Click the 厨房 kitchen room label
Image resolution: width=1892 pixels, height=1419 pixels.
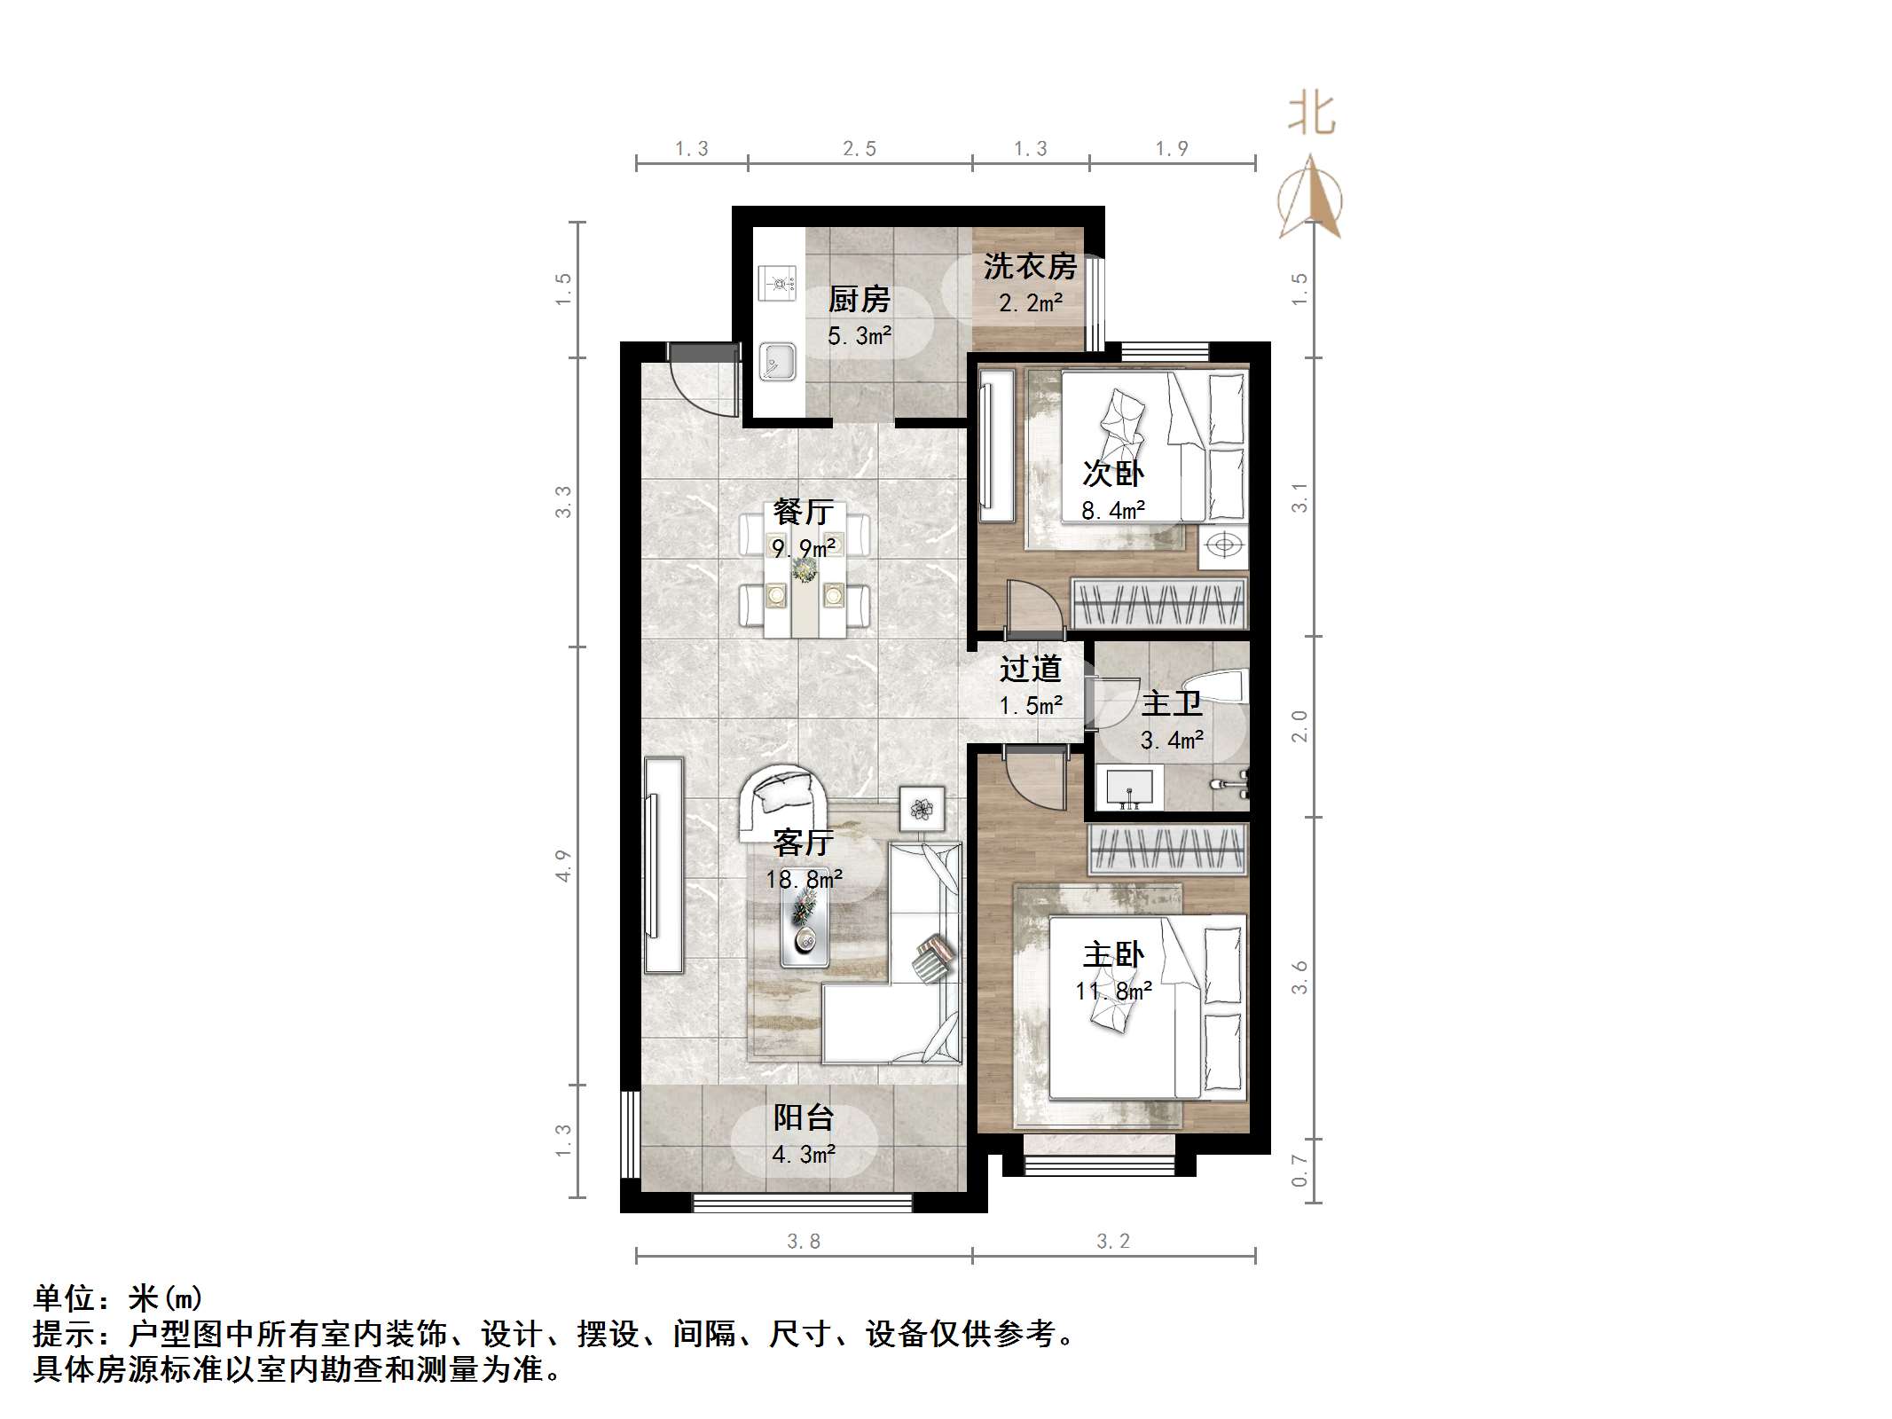(x=858, y=300)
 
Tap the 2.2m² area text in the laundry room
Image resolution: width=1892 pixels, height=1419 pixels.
(x=1030, y=303)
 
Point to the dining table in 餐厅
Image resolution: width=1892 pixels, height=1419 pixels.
(x=805, y=573)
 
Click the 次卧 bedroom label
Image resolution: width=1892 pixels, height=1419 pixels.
(x=1112, y=474)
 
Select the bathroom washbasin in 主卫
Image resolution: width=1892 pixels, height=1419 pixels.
(x=1128, y=788)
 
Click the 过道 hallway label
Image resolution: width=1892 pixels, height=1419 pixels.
(x=1030, y=669)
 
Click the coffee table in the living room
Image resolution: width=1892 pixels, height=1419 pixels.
(x=805, y=917)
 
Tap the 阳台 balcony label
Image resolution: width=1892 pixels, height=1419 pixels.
(x=803, y=1117)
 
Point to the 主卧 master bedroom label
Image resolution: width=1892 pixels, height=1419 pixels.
(x=1112, y=954)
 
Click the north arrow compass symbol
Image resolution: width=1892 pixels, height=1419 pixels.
(x=1310, y=200)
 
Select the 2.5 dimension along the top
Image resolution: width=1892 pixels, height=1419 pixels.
(x=859, y=149)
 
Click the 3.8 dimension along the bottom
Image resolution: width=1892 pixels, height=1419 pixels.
(x=804, y=1242)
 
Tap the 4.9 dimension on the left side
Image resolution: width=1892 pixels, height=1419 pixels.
(x=562, y=866)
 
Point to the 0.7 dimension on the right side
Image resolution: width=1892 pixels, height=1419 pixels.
(x=1299, y=1171)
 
